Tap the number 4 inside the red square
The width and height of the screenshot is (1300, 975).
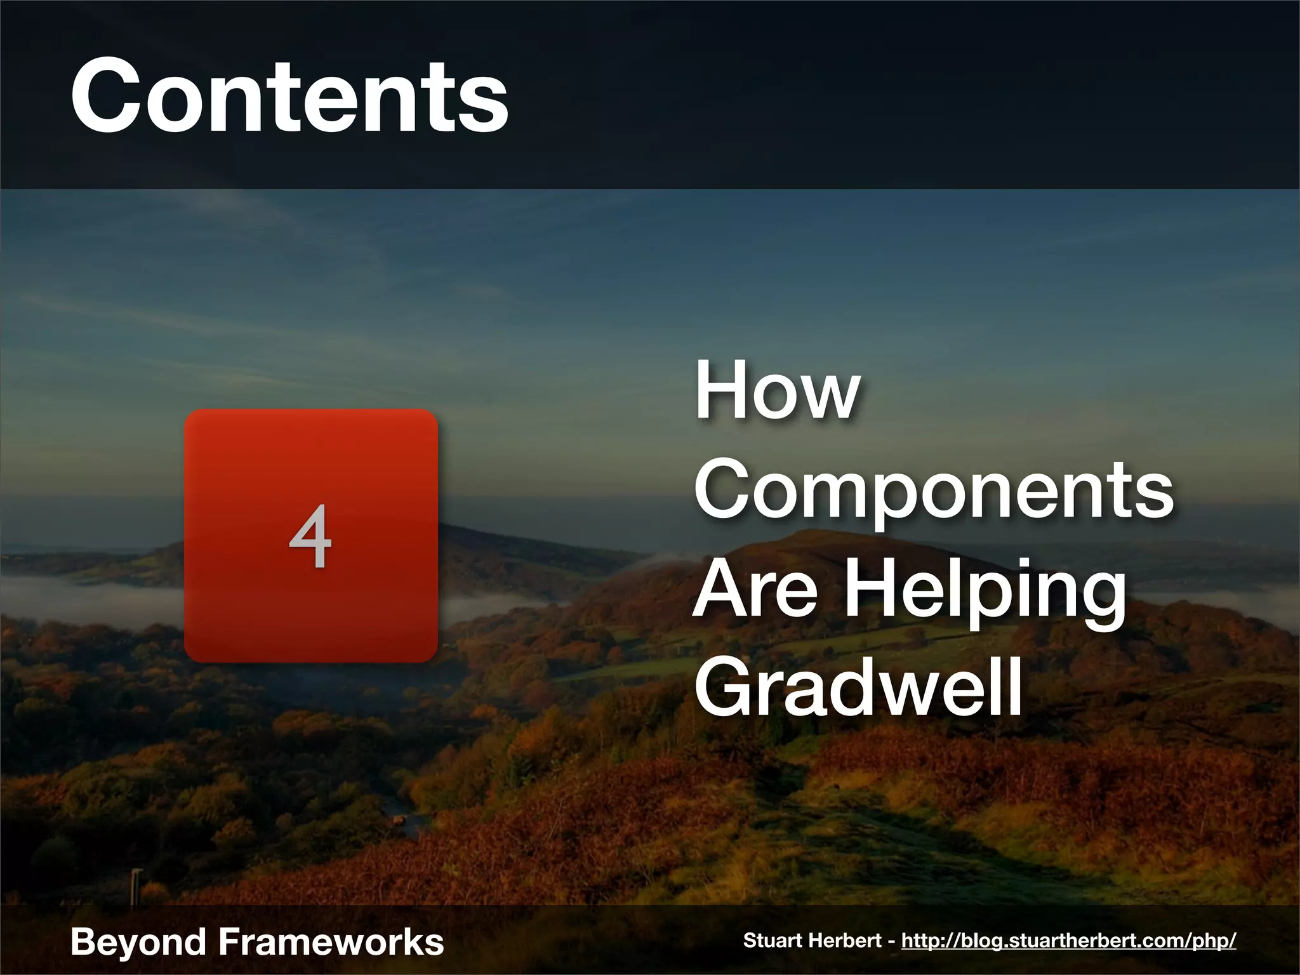point(310,536)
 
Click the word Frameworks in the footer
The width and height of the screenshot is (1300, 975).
point(331,941)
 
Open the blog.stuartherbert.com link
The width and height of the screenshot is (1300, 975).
point(1068,941)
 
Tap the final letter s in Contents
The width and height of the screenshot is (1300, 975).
point(488,105)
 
